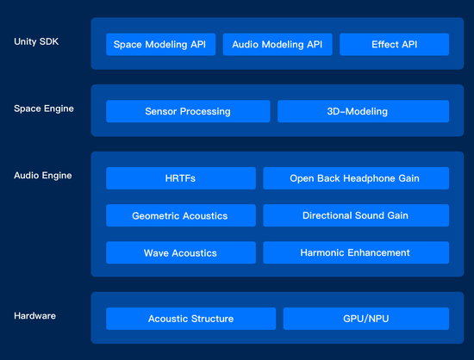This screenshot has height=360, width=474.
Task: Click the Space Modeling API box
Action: point(161,45)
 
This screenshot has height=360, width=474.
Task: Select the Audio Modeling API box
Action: point(278,45)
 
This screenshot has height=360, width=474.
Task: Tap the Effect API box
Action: point(394,45)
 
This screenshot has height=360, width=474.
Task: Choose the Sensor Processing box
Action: point(188,111)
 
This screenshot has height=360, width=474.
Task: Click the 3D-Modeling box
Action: point(363,111)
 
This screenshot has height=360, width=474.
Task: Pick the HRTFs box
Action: point(181,178)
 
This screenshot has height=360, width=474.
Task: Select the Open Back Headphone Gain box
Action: point(356,178)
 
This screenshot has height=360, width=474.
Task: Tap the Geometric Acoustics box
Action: point(181,215)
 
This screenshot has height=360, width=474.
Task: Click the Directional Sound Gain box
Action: point(356,215)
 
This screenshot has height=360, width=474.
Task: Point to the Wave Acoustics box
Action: point(181,252)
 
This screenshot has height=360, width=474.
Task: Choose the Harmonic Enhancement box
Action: point(356,252)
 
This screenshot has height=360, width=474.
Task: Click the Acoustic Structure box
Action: point(190,319)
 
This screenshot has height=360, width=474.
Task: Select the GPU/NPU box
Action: point(366,319)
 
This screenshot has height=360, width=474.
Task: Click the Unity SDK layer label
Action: point(36,41)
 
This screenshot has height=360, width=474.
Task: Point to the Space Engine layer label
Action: point(44,109)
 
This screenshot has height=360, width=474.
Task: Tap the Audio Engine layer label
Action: point(43,176)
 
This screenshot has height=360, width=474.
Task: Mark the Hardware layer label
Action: point(34,316)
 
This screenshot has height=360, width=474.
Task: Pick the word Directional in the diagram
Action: point(327,215)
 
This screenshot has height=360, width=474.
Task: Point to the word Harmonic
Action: point(322,252)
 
